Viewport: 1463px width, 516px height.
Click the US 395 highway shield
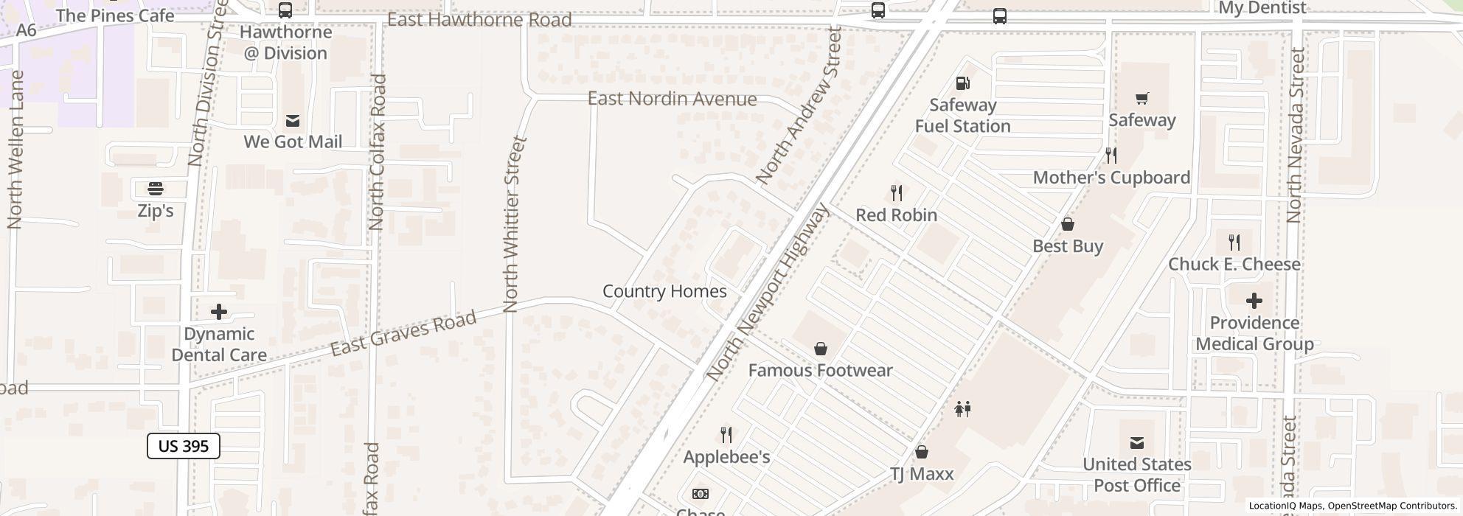click(183, 446)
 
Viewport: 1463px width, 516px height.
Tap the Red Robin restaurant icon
click(897, 193)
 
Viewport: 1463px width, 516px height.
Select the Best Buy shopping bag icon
click(1067, 224)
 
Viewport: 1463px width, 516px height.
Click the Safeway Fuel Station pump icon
click(962, 83)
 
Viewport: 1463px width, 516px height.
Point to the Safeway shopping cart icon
click(1141, 98)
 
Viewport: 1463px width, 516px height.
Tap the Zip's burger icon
click(156, 189)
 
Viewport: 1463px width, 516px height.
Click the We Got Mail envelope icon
click(293, 120)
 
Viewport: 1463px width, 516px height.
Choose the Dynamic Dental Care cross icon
click(219, 312)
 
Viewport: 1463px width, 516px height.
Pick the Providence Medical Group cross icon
click(1254, 301)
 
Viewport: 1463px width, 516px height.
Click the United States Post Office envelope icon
click(1136, 442)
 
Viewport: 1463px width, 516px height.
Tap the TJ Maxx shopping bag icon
click(921, 452)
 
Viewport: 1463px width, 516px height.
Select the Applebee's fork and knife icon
click(726, 435)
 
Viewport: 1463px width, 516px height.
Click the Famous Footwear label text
click(820, 370)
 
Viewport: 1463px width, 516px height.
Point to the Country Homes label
click(664, 291)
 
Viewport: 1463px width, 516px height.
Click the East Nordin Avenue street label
click(672, 99)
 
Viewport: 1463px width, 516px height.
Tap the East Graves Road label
click(403, 334)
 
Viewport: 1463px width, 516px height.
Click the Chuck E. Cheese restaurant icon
click(1234, 242)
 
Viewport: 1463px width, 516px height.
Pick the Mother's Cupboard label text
click(1111, 178)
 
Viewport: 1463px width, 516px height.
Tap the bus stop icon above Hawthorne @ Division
click(285, 10)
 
